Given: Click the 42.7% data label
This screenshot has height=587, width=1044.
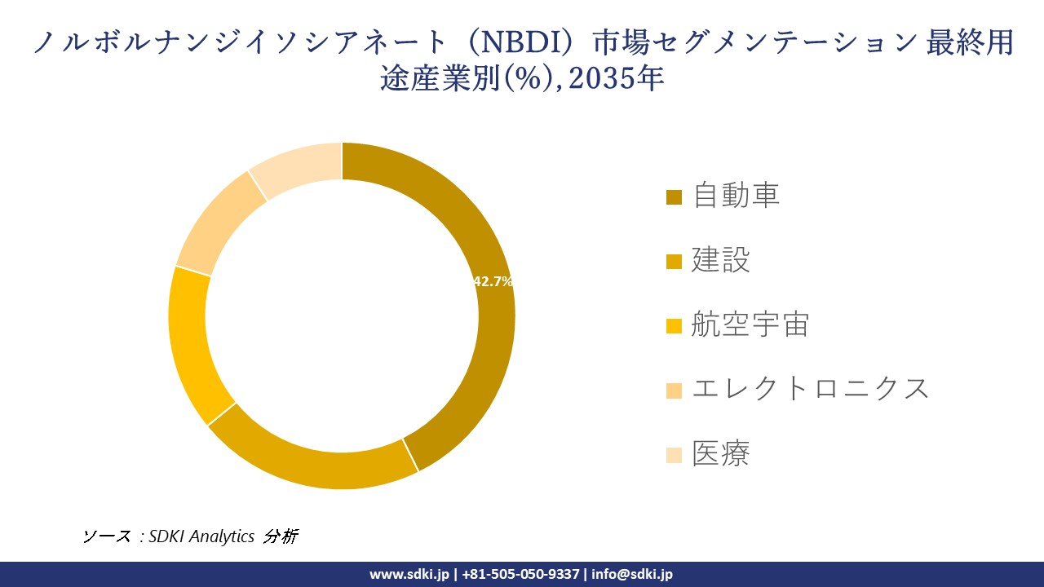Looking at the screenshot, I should (x=493, y=281).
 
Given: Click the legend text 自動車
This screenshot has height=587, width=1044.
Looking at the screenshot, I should (x=736, y=196).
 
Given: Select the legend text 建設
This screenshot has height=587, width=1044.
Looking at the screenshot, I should (x=720, y=260).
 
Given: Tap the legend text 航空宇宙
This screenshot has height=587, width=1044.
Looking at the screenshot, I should (x=750, y=324).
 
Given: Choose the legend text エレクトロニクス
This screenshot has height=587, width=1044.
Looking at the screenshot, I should (x=810, y=389).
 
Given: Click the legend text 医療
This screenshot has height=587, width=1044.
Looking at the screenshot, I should (x=720, y=453).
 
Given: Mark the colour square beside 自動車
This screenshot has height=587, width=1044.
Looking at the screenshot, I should (x=674, y=197).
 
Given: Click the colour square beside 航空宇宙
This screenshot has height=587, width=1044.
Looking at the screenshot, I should (x=674, y=326).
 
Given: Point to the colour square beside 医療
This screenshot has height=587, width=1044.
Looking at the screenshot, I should (x=674, y=455).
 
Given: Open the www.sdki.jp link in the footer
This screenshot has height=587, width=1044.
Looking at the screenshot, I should (x=409, y=574).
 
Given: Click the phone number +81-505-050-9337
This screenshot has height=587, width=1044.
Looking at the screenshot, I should (x=520, y=574).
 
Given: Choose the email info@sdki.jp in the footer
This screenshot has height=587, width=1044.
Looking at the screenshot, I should (x=632, y=574).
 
